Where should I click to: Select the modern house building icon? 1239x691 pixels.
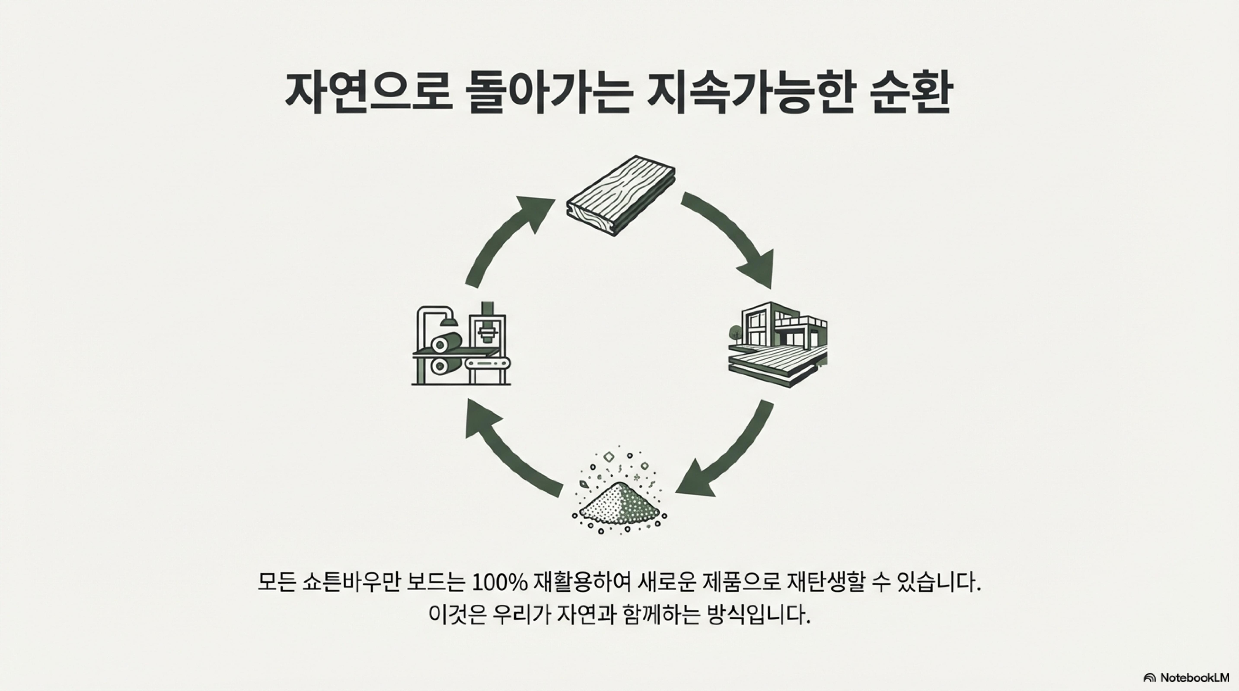[779, 344]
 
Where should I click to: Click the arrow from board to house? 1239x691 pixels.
[731, 235]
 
